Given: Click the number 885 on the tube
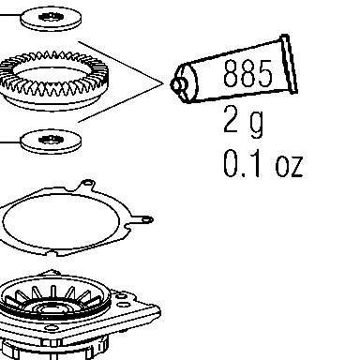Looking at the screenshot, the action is coord(247,73).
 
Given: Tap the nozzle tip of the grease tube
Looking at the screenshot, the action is coord(175,84).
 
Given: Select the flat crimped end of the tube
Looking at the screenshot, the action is coord(289,64).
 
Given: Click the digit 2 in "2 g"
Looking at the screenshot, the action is coord(231,119).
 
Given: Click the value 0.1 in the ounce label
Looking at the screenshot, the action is coord(242,163).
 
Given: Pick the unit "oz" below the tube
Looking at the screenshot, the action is coord(289,166).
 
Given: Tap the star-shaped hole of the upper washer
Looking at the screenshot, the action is coord(50,17).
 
